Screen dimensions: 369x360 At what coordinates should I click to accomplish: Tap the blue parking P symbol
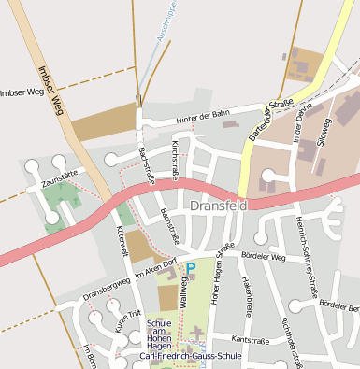tap(191, 269)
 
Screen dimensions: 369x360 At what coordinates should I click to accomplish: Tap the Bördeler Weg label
tap(263, 255)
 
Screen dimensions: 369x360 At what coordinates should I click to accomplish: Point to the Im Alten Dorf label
tap(155, 270)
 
